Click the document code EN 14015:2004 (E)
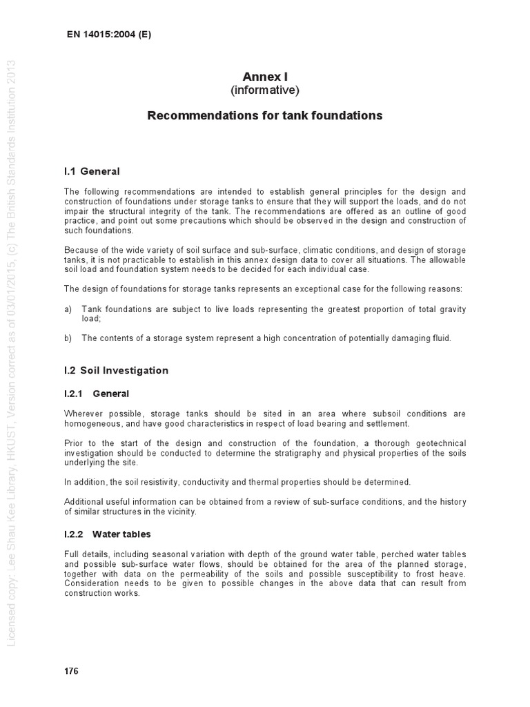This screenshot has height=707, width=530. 108,35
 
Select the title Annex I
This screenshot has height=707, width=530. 265,77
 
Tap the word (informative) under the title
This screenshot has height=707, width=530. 265,90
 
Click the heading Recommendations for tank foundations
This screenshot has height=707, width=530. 265,116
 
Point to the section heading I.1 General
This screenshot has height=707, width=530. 92,171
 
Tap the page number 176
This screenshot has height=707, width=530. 71,671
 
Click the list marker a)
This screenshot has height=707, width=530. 68,309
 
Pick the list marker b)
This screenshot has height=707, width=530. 68,338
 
